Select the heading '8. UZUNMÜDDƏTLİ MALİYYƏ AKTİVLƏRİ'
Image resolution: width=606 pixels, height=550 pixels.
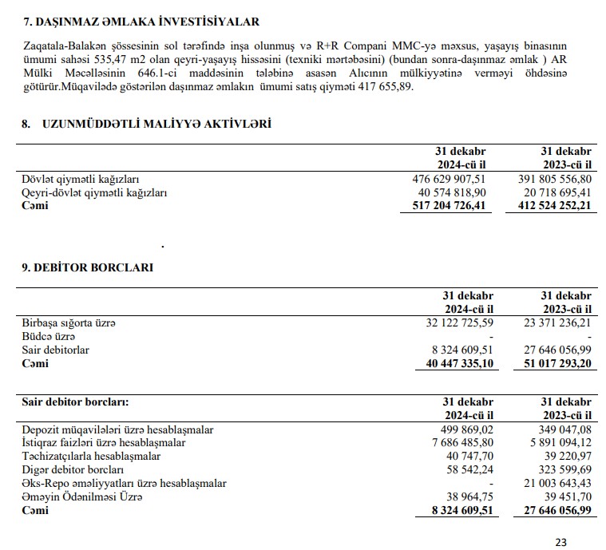tap(146, 124)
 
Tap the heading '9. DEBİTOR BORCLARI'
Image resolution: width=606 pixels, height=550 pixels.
tap(87, 267)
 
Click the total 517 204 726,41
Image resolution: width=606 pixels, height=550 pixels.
tap(444, 205)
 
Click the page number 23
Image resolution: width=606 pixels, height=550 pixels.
tap(560, 542)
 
